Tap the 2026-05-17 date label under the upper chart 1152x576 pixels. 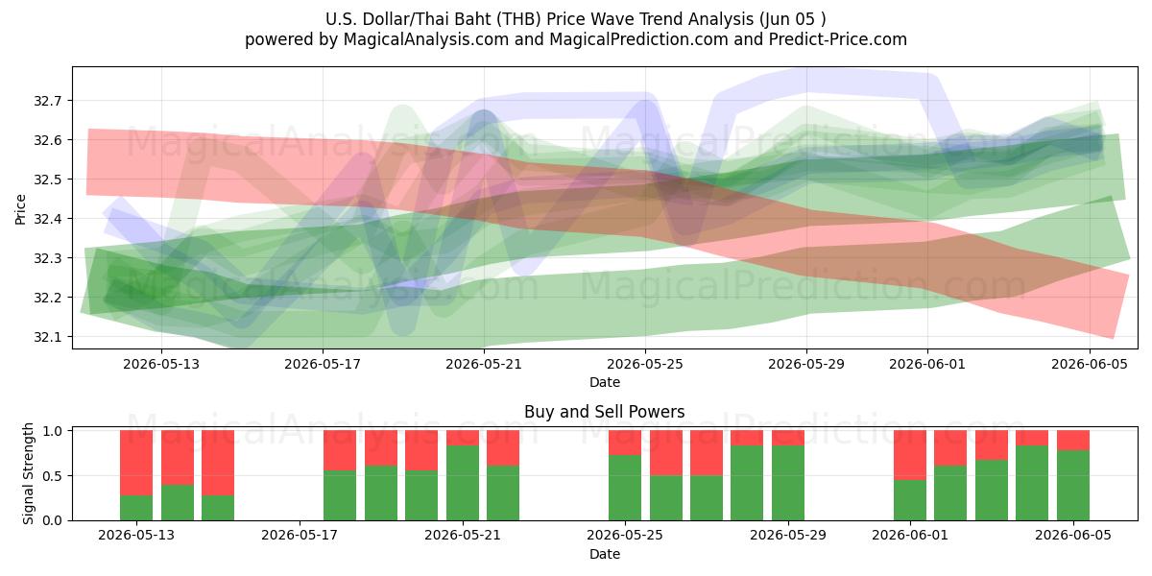coord(323,364)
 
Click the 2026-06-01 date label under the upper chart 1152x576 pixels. coord(927,364)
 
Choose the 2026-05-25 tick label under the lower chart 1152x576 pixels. coord(625,536)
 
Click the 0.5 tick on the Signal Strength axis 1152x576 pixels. coord(53,476)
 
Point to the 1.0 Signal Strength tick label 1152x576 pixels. coord(53,431)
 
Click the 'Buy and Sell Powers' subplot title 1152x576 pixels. coord(604,412)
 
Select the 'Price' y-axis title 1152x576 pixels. coord(20,209)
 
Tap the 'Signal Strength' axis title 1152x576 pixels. coord(28,473)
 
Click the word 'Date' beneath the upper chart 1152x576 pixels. coord(605,382)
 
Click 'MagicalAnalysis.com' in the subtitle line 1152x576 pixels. coord(426,39)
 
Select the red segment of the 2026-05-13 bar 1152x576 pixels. coord(136,463)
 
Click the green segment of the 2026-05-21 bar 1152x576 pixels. coord(463,483)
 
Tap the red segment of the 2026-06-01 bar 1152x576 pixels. coord(910,455)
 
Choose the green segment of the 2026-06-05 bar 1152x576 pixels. coord(1073,486)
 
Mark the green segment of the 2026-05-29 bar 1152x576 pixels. coord(788,483)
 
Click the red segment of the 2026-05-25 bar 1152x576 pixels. coord(625,443)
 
